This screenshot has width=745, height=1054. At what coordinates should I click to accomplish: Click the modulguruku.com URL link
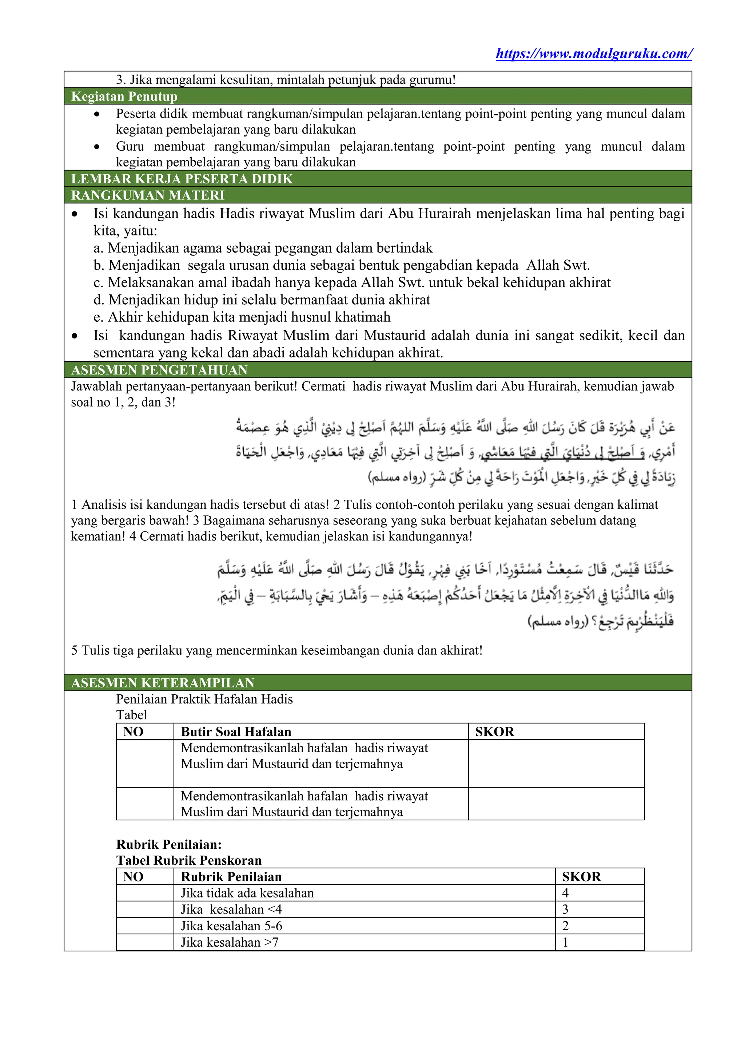click(594, 54)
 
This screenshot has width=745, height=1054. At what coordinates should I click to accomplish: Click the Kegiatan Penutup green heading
click(124, 96)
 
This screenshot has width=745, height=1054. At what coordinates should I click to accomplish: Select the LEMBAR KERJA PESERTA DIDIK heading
click(182, 179)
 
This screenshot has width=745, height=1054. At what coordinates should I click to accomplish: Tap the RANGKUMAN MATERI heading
click(148, 195)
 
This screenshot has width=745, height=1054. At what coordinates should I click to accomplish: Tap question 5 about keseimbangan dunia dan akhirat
click(276, 650)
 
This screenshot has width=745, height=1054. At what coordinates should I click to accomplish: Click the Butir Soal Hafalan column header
click(236, 732)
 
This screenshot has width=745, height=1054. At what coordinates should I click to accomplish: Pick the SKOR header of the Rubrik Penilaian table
click(581, 876)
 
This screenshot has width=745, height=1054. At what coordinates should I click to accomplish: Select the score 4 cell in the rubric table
click(565, 893)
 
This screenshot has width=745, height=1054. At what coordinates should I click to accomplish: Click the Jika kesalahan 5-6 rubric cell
click(231, 926)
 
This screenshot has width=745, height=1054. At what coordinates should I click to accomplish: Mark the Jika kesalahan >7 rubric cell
click(230, 942)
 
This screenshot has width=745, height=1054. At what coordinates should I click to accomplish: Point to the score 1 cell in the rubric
click(565, 942)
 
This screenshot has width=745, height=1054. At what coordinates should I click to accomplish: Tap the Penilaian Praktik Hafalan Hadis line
click(204, 699)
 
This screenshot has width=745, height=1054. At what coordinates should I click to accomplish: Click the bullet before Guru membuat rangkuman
click(96, 147)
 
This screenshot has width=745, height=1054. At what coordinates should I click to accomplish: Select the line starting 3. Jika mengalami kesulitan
click(285, 80)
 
